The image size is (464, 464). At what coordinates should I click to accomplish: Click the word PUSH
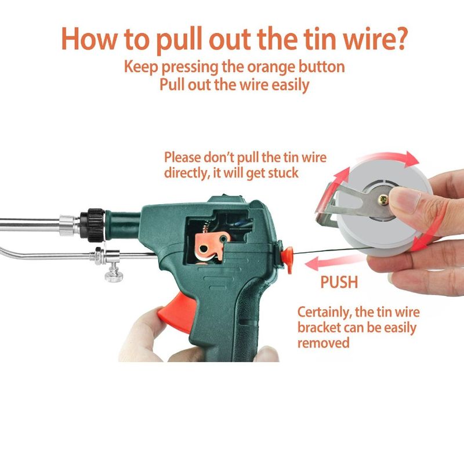[339, 283]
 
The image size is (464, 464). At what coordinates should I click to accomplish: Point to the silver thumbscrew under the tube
[113, 273]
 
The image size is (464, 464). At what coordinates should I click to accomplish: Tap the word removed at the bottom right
[324, 343]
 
